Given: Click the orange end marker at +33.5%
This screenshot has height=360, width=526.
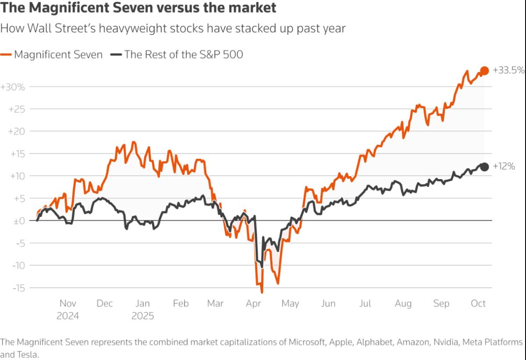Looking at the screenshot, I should click(x=484, y=71).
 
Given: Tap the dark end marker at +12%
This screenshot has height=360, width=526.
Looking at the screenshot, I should click(x=484, y=167).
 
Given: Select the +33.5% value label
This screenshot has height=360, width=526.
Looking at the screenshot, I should click(x=508, y=70).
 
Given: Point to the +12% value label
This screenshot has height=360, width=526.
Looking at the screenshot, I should click(x=504, y=166).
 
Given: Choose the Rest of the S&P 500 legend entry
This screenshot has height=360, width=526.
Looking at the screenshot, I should click(x=178, y=54).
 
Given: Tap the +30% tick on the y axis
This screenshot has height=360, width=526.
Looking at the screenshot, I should click(x=13, y=87).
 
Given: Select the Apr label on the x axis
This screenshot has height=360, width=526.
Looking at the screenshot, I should click(x=254, y=303).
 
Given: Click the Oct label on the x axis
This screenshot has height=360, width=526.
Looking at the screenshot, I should click(x=478, y=303).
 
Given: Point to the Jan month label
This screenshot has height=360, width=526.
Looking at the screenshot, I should click(x=142, y=303).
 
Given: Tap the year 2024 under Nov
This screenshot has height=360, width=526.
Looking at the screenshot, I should click(x=68, y=316).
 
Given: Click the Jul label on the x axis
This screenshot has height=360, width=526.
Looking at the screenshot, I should click(x=365, y=303).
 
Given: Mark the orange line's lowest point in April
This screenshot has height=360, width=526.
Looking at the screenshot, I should click(x=262, y=293).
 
